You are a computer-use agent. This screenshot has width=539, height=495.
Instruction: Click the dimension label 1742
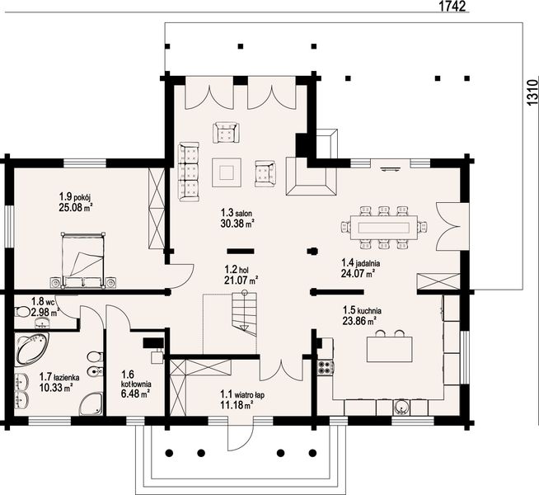tap(452, 7)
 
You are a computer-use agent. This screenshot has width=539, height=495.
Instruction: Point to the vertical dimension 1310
tap(532, 92)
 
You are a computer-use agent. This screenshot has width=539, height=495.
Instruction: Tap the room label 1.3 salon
tap(237, 213)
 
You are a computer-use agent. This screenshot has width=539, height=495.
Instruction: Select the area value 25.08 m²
tap(76, 207)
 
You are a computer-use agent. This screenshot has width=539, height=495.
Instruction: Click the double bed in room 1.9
tap(83, 260)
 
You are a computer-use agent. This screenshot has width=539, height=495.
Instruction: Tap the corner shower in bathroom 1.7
tap(91, 403)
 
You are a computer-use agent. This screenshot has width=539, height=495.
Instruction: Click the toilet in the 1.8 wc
tap(23, 312)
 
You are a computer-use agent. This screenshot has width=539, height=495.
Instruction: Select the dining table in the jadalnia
tap(384, 228)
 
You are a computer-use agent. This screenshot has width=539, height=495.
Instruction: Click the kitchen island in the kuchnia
tap(390, 349)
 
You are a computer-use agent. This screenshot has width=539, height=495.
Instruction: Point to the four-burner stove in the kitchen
tap(326, 367)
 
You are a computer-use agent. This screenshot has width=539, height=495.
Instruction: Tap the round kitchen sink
tap(402, 408)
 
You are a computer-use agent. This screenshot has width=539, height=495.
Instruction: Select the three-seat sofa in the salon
tap(189, 172)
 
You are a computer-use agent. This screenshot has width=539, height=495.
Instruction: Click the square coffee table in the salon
tap(227, 172)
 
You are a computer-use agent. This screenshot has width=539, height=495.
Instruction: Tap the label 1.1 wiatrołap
tap(242, 394)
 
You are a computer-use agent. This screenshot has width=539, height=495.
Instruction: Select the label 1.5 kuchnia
tap(362, 311)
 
